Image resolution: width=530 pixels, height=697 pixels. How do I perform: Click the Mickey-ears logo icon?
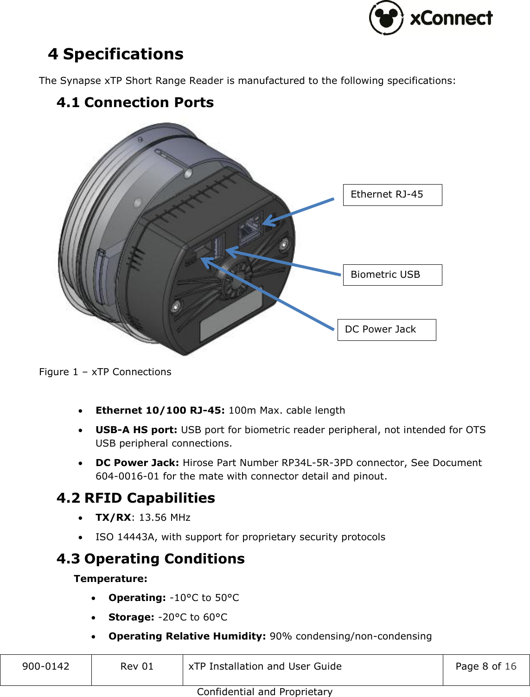click(386, 18)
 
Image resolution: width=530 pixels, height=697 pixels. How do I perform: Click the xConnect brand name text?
click(451, 19)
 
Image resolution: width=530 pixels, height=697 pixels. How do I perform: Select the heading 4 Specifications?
click(116, 54)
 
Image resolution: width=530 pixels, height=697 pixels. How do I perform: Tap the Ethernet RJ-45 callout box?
click(392, 195)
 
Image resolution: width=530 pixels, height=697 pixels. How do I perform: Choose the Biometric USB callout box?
click(392, 275)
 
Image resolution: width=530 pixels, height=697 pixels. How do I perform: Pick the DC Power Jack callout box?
click(387, 330)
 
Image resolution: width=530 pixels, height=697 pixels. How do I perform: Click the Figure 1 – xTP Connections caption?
click(105, 372)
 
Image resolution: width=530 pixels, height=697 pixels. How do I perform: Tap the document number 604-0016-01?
click(127, 476)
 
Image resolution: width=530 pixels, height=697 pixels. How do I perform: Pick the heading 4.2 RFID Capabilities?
click(136, 498)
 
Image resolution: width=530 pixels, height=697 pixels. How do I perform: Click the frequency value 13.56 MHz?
click(165, 518)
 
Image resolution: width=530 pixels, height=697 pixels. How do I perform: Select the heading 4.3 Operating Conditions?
click(151, 559)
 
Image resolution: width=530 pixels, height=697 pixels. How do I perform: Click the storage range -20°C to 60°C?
click(193, 617)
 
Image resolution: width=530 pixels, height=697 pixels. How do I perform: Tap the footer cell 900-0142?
click(46, 666)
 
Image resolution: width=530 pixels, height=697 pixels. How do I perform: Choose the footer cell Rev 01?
click(137, 666)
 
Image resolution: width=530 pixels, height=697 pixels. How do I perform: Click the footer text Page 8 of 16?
click(485, 666)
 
